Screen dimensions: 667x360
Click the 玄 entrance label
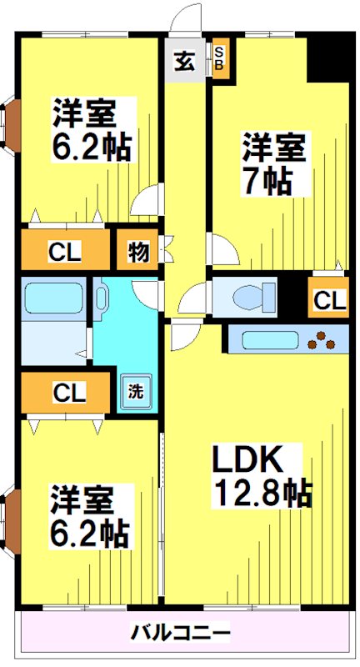(184, 60)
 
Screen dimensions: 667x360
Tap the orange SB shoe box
(220, 61)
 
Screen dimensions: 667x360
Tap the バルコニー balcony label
(180, 633)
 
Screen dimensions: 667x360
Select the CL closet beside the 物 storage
(63, 251)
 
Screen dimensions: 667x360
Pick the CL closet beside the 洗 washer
(63, 392)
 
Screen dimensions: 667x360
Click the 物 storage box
(137, 251)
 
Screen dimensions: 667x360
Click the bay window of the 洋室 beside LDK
(9, 520)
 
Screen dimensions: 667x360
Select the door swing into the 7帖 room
(221, 248)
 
